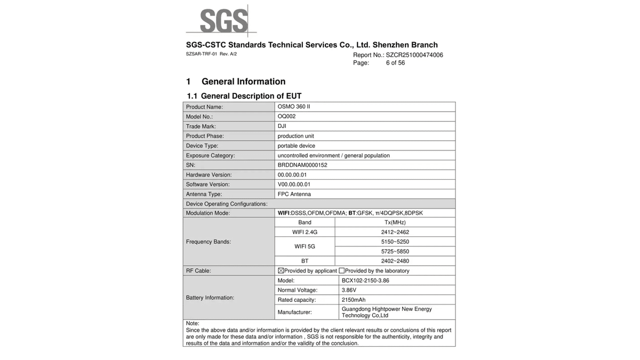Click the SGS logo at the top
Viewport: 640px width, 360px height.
point(223,22)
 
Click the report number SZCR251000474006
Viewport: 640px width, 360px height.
point(414,55)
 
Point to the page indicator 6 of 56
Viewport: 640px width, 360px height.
point(395,63)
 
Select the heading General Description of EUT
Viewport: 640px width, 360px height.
point(251,96)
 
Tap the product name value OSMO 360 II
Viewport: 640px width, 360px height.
point(294,107)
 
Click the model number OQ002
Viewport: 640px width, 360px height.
point(286,116)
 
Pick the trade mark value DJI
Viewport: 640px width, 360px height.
point(282,126)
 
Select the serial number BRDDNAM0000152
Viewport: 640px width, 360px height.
point(302,165)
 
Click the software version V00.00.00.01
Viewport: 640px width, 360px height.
point(294,185)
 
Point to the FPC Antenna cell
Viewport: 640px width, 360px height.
point(294,194)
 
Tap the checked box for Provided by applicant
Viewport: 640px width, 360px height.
point(281,271)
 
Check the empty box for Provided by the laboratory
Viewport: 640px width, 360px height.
point(342,271)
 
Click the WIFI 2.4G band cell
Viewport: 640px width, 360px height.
point(305,232)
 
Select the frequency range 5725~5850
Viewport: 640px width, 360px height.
point(395,251)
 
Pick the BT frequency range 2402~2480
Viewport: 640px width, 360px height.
point(395,261)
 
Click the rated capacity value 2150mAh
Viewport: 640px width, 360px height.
point(354,300)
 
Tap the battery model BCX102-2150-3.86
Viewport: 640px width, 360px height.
point(365,281)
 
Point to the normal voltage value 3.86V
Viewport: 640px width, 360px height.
point(349,290)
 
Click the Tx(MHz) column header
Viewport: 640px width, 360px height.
point(395,222)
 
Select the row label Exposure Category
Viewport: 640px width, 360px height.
point(210,156)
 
